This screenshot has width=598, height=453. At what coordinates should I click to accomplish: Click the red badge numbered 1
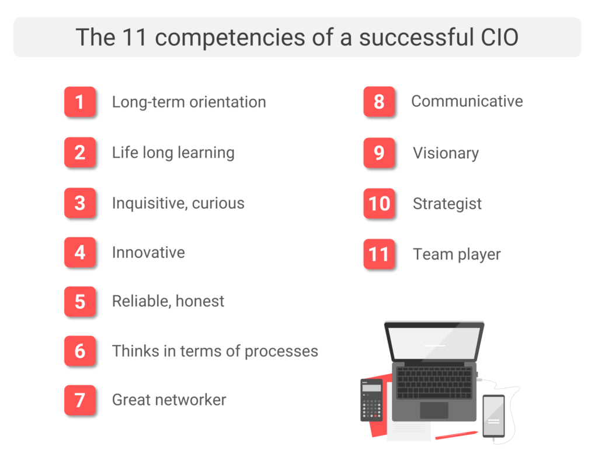click(80, 102)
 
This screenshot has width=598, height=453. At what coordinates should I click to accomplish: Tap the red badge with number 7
click(80, 400)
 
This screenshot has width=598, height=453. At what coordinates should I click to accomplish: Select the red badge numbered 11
click(379, 255)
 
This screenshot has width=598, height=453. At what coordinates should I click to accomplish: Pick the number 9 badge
click(379, 153)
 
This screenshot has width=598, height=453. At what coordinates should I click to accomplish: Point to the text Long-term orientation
click(189, 102)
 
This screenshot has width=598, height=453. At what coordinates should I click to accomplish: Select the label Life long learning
click(173, 153)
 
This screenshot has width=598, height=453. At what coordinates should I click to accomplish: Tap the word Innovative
click(148, 253)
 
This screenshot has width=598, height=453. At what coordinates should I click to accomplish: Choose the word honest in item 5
click(201, 302)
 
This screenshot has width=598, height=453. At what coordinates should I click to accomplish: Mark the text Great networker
click(169, 400)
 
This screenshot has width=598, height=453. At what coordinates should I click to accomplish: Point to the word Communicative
click(467, 101)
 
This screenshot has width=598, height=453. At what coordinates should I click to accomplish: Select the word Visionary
click(446, 153)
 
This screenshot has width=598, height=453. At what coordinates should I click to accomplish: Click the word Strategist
click(447, 204)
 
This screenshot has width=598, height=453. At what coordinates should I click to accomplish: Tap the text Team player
click(457, 255)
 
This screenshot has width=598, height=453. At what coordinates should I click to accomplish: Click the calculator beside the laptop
click(371, 400)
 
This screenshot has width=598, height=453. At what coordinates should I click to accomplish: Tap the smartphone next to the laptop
click(493, 416)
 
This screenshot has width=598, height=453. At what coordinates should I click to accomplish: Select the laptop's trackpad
click(434, 410)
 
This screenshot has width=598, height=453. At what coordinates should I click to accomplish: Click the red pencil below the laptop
click(456, 435)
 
